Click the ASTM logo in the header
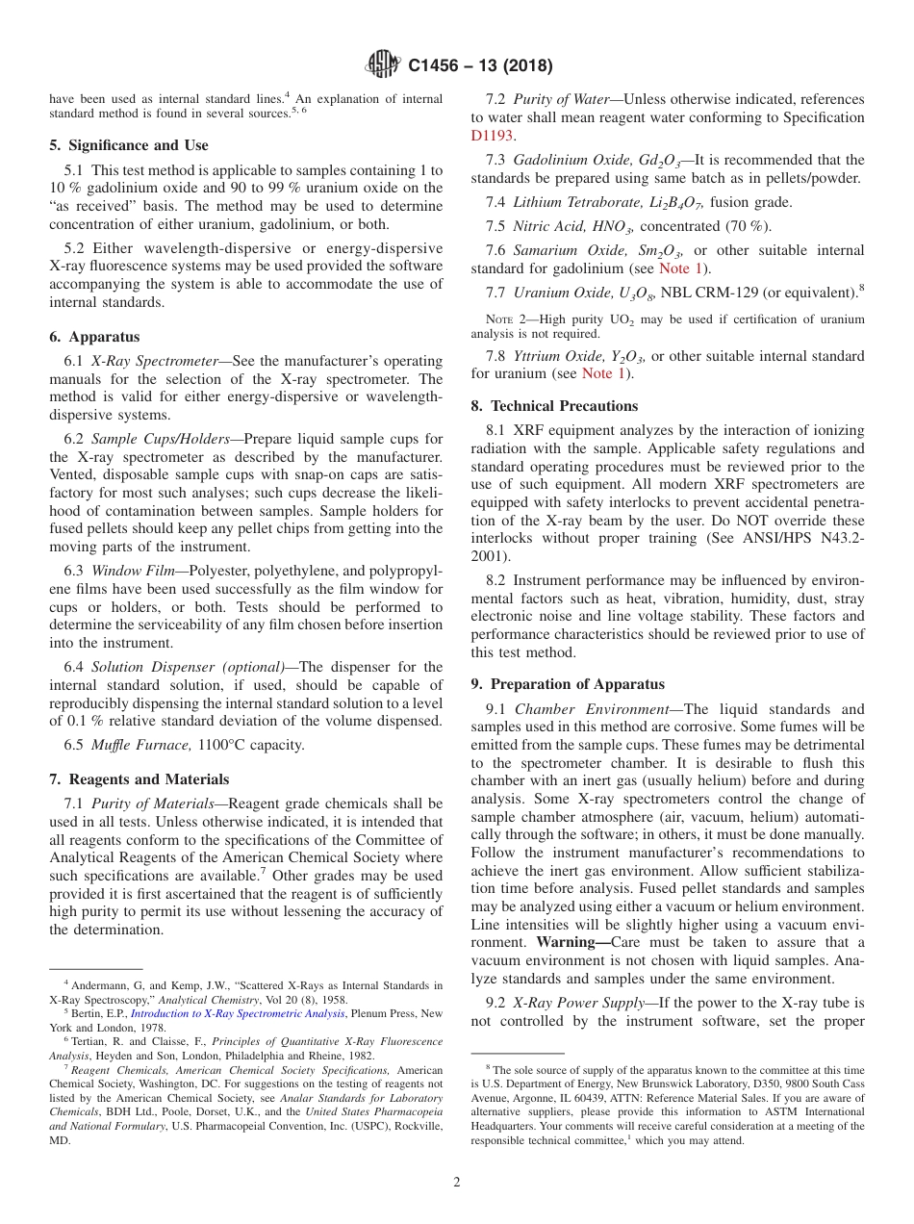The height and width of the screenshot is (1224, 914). click(382, 65)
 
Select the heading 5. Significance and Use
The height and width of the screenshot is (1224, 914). click(128, 145)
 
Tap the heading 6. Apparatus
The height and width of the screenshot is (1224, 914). click(94, 337)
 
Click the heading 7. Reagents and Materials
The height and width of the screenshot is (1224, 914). click(139, 779)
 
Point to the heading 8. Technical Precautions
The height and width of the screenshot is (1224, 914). click(554, 406)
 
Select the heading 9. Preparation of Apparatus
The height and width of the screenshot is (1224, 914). click(568, 684)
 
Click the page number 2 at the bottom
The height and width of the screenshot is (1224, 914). click(457, 1183)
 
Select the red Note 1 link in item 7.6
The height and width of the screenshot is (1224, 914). click(684, 268)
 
